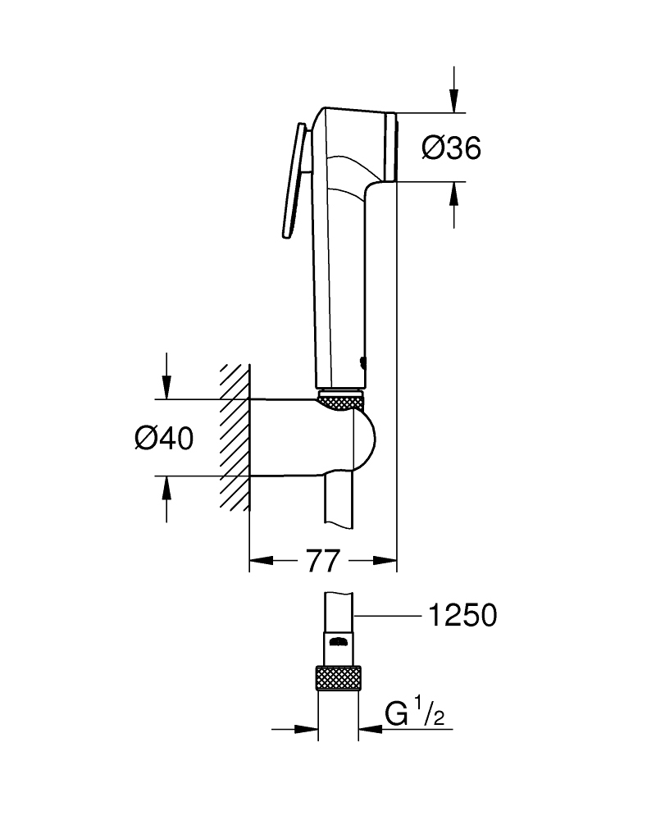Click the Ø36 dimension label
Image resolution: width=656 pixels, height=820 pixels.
451,148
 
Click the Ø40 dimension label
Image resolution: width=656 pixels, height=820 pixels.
164,438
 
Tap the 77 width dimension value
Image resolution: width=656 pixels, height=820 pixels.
323,561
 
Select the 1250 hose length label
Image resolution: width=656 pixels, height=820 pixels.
462,616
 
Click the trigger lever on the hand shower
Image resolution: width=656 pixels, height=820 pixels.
294,181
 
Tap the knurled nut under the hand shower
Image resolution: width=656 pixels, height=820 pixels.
341,403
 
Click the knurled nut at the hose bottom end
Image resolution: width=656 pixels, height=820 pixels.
339,679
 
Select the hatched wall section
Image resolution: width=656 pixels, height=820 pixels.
235,437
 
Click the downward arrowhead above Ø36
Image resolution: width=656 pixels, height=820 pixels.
454,101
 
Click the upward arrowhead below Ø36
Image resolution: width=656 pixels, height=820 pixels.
454,194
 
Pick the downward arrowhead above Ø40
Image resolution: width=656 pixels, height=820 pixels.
166,388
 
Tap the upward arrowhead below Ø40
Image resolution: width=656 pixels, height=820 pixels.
166,488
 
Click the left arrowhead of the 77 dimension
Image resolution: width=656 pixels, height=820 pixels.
261,561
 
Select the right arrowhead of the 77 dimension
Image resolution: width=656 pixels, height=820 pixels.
385,561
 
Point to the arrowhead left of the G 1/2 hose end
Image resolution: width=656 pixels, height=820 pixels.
306,728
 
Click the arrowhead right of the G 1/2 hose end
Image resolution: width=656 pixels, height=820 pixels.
371,728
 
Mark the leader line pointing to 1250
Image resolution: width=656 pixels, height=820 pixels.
388,617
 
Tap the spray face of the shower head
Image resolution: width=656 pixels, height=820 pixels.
391,147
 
